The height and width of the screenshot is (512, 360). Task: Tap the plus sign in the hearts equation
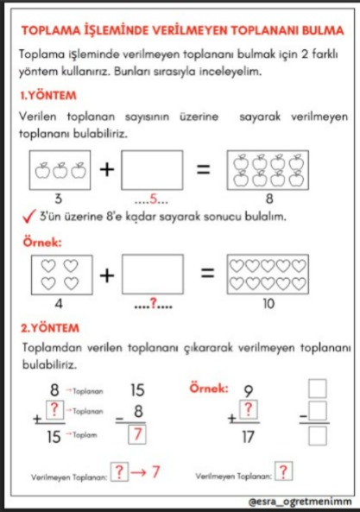[106, 275]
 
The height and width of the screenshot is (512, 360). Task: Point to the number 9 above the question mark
[249, 389]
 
